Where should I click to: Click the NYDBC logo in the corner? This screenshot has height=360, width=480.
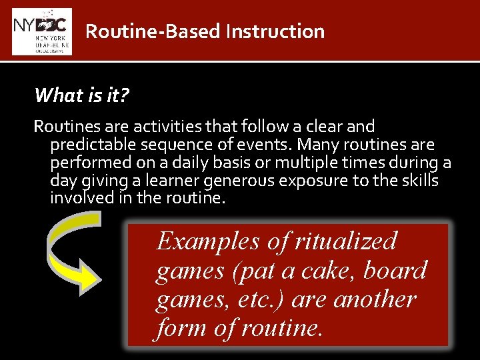[41, 31]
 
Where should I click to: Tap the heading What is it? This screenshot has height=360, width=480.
[81, 96]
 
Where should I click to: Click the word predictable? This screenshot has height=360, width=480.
[90, 145]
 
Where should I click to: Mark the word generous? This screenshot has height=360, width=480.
[254, 181]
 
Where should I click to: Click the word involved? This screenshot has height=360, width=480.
[78, 199]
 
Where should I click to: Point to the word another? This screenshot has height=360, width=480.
[374, 299]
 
